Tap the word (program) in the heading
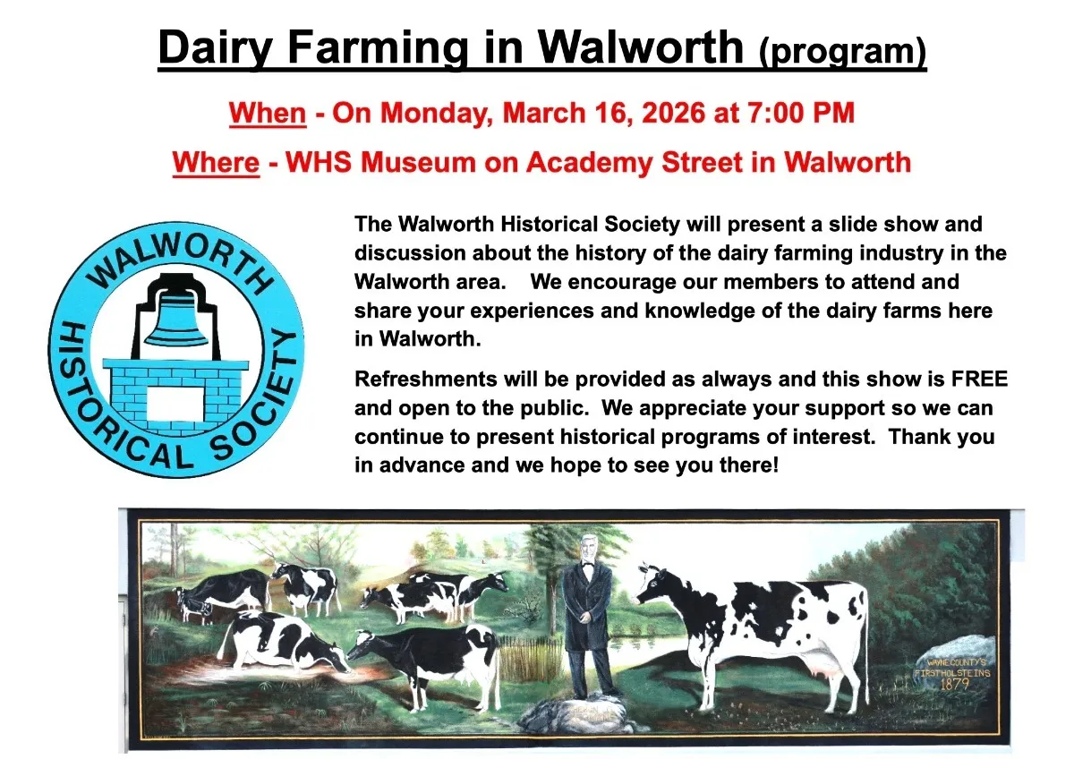(x=842, y=51)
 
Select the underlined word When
(x=268, y=113)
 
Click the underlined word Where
(x=216, y=162)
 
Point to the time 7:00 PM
(x=801, y=113)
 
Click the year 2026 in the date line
(x=674, y=113)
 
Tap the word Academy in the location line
(x=589, y=163)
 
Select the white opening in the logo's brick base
(x=175, y=404)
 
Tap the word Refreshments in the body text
(x=426, y=379)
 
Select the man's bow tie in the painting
(x=587, y=567)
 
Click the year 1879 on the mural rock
(x=954, y=684)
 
